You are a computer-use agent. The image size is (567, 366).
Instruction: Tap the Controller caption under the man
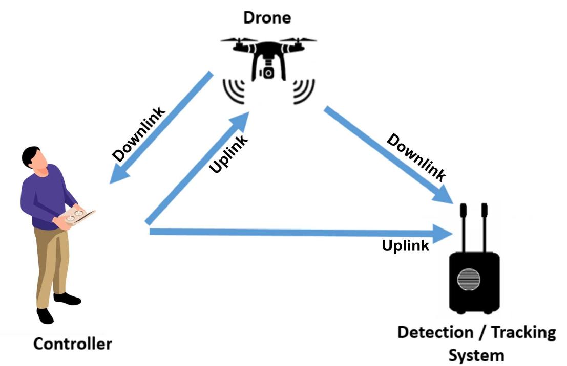click(x=72, y=344)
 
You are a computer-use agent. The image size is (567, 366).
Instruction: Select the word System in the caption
click(x=476, y=354)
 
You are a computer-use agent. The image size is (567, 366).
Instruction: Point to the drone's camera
click(x=268, y=72)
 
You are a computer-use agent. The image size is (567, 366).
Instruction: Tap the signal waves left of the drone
click(x=234, y=91)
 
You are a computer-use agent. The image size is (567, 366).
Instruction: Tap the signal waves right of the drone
click(x=302, y=91)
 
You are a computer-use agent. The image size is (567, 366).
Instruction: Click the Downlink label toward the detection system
click(x=415, y=157)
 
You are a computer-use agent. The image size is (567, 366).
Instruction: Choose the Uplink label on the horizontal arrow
click(x=406, y=246)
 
